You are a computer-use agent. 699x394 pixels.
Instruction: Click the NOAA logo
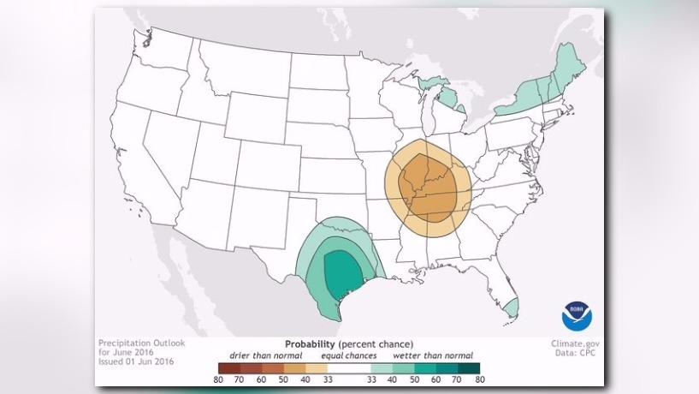coord(576,317)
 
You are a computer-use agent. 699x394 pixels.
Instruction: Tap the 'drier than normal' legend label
coord(265,355)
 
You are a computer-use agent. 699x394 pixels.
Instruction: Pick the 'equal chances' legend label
coord(350,355)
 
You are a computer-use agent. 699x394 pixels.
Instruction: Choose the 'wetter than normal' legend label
coord(432,355)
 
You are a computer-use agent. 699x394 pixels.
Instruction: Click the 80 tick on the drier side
coord(221,379)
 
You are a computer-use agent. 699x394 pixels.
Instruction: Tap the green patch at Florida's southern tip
coord(510,307)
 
